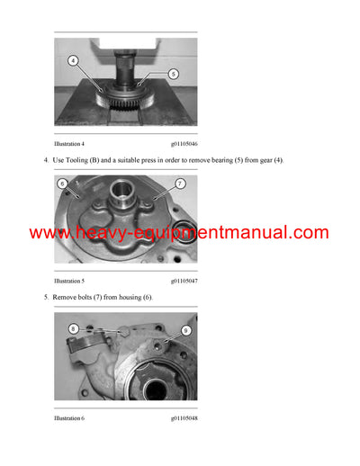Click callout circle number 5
point(173,74)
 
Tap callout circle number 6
point(63,184)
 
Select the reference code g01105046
point(184,143)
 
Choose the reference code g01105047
point(184,281)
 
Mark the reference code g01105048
point(184,418)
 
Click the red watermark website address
point(179,233)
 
